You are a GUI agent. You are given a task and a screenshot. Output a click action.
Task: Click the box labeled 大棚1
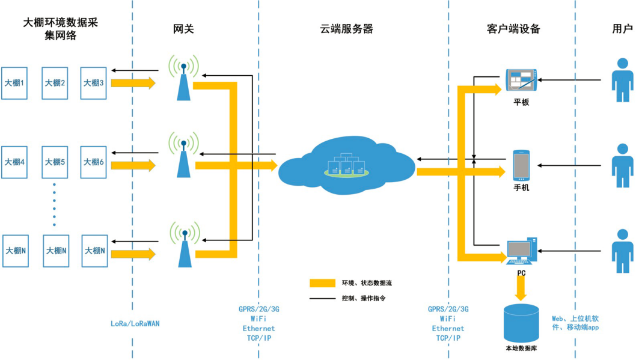coord(14,83)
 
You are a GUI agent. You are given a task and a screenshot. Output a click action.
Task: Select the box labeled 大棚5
coord(55,162)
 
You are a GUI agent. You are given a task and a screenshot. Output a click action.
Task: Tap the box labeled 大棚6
coord(94,162)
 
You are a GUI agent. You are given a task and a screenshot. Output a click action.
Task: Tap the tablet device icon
coord(521,81)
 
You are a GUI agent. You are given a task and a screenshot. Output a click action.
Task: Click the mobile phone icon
coord(521,166)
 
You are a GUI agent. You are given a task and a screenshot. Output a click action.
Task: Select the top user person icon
coord(622,80)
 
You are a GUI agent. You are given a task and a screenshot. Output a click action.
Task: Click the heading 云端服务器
coord(346,29)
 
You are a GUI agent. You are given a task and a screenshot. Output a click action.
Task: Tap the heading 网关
coord(183,29)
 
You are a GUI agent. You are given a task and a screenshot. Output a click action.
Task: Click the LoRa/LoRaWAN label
coord(135,323)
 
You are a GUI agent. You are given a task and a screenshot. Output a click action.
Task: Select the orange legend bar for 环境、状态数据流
coord(322,282)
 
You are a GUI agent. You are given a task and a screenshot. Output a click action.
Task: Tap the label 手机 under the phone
coord(521,188)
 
